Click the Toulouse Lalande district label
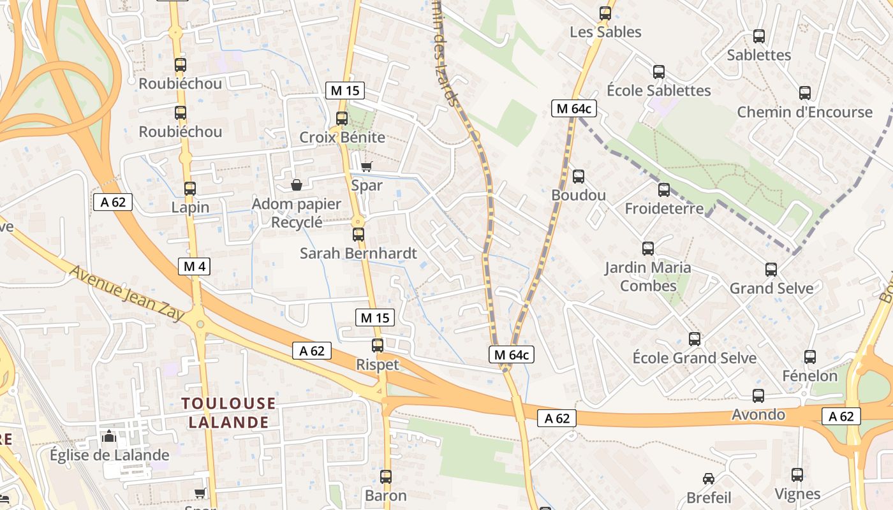[x=228, y=412]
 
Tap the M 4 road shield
[x=194, y=266]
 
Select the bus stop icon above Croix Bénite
[x=342, y=118]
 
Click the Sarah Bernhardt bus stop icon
[x=358, y=234]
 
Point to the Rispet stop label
[x=378, y=365]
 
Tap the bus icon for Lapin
[x=190, y=188]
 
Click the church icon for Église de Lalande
[x=109, y=437]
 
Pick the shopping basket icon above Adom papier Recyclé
[x=297, y=185]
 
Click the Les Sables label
[x=605, y=32]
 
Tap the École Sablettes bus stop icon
[x=659, y=72]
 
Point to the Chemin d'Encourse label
[x=804, y=112]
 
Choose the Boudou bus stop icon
[x=579, y=177]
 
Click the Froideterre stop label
[x=664, y=208]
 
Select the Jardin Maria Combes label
[x=648, y=276]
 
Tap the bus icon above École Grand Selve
[x=695, y=339]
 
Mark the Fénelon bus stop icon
[x=810, y=357]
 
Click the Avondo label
[x=758, y=414]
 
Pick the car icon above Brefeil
[x=709, y=478]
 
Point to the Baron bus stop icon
[x=386, y=476]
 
